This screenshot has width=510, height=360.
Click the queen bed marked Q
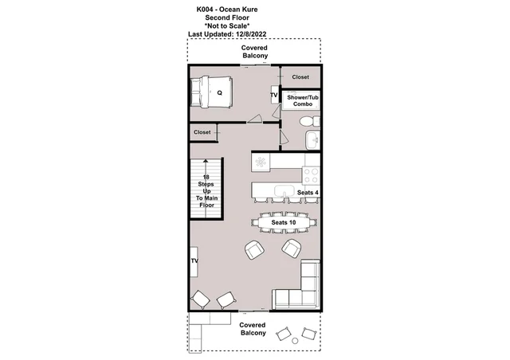point(211,92)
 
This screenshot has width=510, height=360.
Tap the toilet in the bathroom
point(309,122)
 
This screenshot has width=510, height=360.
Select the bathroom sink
point(312,140)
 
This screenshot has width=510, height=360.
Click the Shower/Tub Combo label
point(303,100)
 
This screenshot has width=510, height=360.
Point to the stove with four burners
point(311,175)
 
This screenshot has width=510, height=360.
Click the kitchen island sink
point(284,191)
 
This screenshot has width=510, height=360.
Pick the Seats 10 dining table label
point(284,222)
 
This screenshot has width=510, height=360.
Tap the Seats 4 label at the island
point(308,193)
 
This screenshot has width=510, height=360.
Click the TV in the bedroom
point(275,95)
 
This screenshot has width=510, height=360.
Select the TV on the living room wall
point(194,261)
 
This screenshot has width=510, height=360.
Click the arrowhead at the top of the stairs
point(206,161)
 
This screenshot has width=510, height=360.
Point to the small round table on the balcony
point(295,341)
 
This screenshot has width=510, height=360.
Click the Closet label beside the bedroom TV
point(300,77)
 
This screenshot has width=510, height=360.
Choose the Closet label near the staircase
point(202,132)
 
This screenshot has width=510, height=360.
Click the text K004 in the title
point(205,10)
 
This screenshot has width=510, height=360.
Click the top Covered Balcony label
point(255,52)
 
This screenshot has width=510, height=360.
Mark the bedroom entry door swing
point(255,119)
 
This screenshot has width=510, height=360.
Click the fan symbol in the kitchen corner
point(261,162)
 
